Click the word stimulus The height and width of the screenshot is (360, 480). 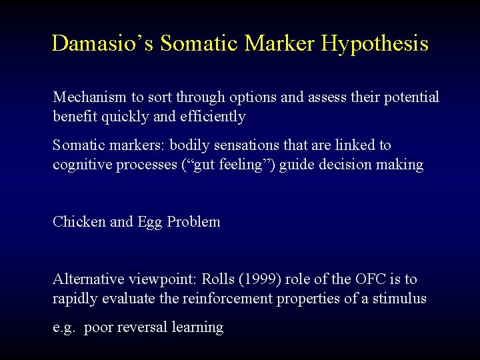coord(399,299)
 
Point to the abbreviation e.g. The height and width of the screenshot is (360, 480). coord(64,328)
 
